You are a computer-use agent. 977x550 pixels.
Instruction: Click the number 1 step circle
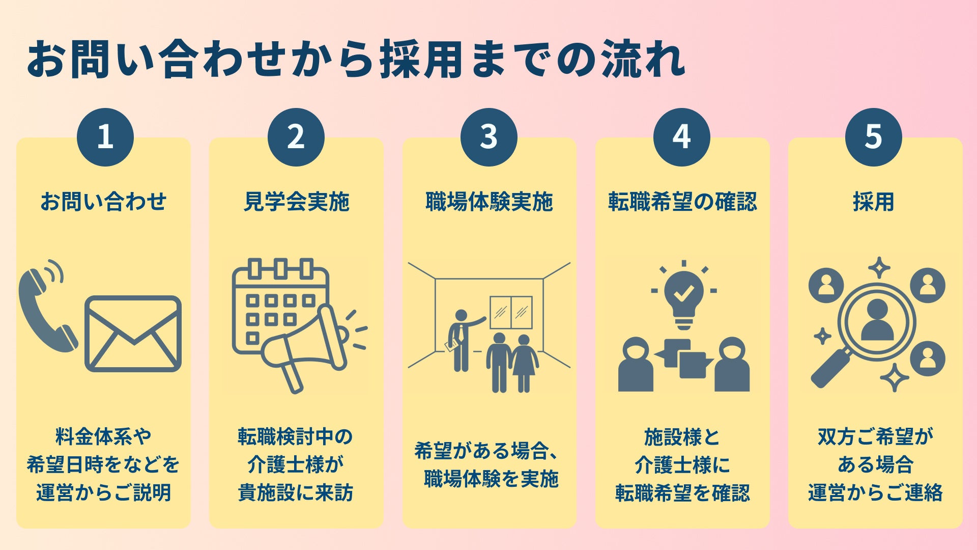tap(105, 137)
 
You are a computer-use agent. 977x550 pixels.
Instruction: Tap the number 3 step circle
tap(489, 137)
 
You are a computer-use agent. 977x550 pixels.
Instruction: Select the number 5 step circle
tap(873, 137)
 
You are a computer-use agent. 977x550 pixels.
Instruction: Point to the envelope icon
tap(133, 334)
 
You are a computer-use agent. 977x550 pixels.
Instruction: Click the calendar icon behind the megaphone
tap(270, 295)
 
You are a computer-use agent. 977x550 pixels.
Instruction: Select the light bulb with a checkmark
tap(684, 295)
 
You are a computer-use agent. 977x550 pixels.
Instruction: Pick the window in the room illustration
tap(511, 312)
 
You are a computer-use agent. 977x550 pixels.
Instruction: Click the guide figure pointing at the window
tap(461, 339)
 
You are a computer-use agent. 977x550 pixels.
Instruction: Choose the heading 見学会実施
tap(296, 202)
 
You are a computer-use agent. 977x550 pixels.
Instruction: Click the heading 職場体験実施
tap(489, 202)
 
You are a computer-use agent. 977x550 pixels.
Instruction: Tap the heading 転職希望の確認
tap(682, 202)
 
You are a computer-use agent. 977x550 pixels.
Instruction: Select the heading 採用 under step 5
tap(873, 202)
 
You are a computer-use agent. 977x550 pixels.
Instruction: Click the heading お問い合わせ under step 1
tap(103, 202)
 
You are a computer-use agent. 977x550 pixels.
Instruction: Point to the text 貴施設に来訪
tap(296, 493)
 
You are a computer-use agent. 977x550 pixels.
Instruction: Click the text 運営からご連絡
tap(875, 493)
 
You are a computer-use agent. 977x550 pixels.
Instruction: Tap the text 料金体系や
tap(103, 437)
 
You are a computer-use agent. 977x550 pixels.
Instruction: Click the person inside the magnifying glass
tap(877, 321)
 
